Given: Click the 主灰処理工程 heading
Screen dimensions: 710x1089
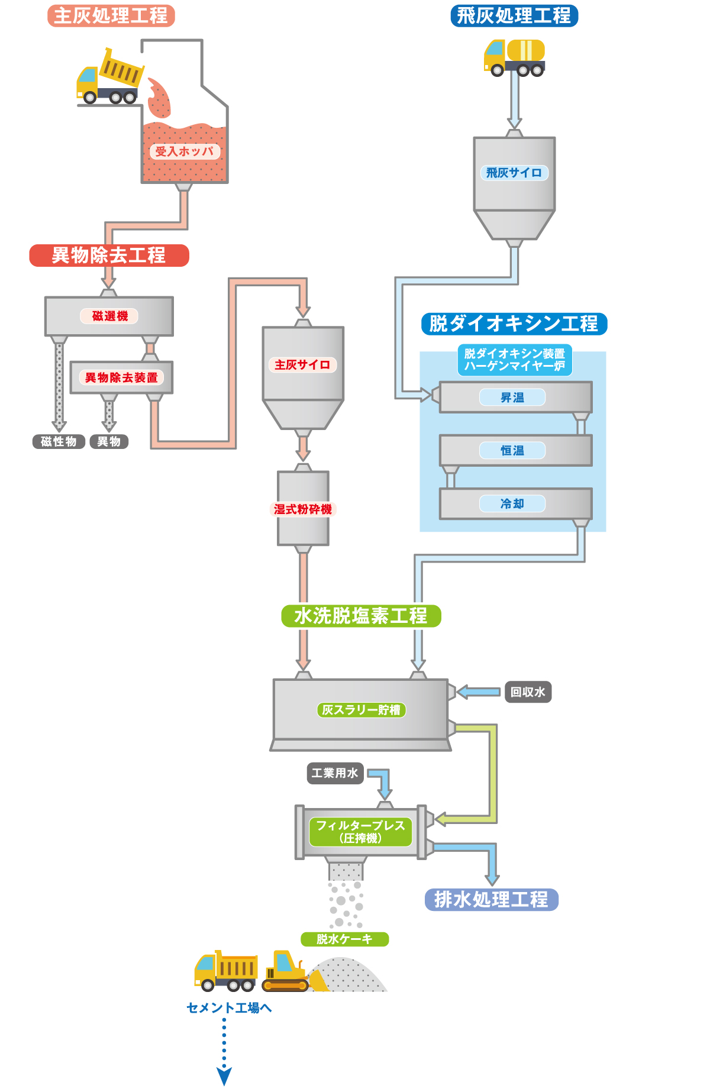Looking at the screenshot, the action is point(111,15).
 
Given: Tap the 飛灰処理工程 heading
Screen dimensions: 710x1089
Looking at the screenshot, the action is point(514,15).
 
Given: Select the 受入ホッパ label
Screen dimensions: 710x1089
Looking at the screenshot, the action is point(185,151).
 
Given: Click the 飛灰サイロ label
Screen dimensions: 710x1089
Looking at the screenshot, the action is point(514,173).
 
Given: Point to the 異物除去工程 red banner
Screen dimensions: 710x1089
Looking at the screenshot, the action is point(109,256).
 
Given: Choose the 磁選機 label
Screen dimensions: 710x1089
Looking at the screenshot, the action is point(109,316).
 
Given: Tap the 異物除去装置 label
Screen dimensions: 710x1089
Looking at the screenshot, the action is point(121,377).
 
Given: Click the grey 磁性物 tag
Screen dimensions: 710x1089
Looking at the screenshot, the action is point(59,441).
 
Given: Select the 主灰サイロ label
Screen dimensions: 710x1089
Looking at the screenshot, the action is point(302,365).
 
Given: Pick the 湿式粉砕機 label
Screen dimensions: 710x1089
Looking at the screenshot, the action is point(303,509).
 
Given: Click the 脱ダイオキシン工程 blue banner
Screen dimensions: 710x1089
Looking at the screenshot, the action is point(514,324).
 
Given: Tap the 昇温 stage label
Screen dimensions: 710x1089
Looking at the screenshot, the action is point(512,398).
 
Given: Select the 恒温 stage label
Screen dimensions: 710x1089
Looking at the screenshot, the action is point(512,451).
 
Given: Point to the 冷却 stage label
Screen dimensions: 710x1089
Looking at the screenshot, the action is point(512,504).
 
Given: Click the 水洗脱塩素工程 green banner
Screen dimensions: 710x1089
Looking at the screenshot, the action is point(361,616).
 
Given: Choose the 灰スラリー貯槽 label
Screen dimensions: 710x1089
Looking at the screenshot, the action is point(362,710).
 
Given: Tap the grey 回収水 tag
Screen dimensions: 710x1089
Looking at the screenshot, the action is point(528,692).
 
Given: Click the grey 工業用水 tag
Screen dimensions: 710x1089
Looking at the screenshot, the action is point(335,773).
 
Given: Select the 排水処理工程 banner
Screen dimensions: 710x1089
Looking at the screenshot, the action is point(492,900).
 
